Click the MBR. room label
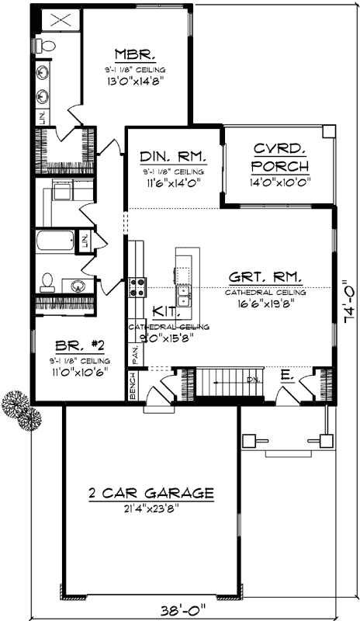137,55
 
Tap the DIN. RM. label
172,155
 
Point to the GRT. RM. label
265,277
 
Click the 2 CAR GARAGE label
150,492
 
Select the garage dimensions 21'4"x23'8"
150,508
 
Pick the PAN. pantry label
135,354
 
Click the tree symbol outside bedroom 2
22,411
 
